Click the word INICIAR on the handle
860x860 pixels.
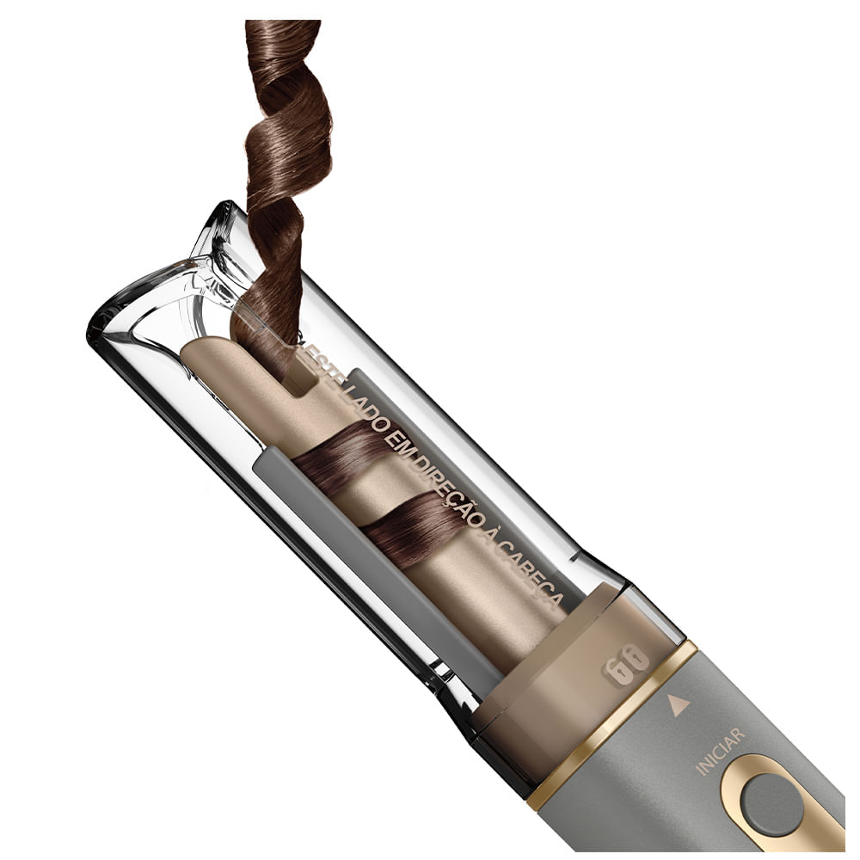pos(720,751)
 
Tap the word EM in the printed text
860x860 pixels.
pos(397,437)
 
